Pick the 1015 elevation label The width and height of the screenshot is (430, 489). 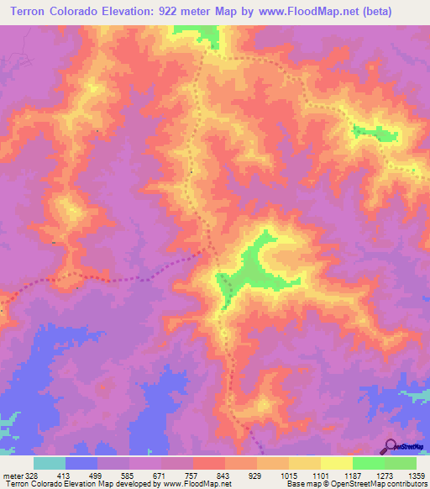[x=288, y=475]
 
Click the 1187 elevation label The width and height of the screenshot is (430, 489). [x=352, y=475]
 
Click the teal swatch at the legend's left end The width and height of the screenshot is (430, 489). [x=50, y=463]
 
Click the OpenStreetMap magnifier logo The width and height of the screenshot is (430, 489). [x=392, y=446]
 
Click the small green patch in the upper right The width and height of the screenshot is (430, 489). [x=375, y=131]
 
